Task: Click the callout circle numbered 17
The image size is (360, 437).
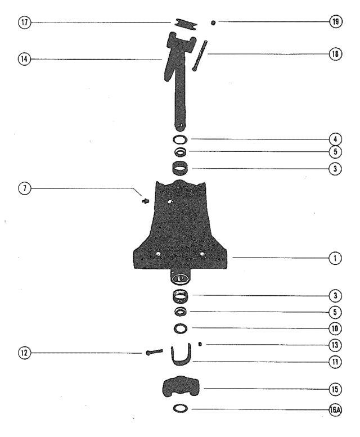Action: pyautogui.click(x=25, y=22)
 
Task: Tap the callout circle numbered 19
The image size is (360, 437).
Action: pyautogui.click(x=335, y=21)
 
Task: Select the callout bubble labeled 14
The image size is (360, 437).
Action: pyautogui.click(x=25, y=59)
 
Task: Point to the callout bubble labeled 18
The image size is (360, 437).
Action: pyautogui.click(x=335, y=54)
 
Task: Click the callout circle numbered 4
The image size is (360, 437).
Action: pyautogui.click(x=335, y=139)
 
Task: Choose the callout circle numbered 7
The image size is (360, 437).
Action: pyautogui.click(x=25, y=188)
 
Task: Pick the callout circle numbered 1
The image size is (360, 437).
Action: pyautogui.click(x=335, y=258)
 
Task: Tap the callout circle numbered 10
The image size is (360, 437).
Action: pyautogui.click(x=335, y=328)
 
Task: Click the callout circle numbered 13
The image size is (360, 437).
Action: pyautogui.click(x=335, y=345)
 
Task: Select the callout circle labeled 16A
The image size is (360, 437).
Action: pyautogui.click(x=335, y=410)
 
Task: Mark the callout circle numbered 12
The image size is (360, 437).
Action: pyautogui.click(x=25, y=353)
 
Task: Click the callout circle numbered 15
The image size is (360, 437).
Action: pyautogui.click(x=335, y=389)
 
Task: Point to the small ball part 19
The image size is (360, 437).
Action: pyautogui.click(x=213, y=22)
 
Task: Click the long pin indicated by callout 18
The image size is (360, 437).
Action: pyautogui.click(x=200, y=56)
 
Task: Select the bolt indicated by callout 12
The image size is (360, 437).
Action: pyautogui.click(x=154, y=352)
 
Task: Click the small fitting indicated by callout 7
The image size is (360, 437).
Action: pyautogui.click(x=146, y=201)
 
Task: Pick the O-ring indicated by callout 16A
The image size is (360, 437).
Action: pyautogui.click(x=180, y=408)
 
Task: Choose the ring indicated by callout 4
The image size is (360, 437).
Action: pyautogui.click(x=180, y=139)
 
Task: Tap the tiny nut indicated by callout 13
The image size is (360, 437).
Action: pyautogui.click(x=200, y=344)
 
